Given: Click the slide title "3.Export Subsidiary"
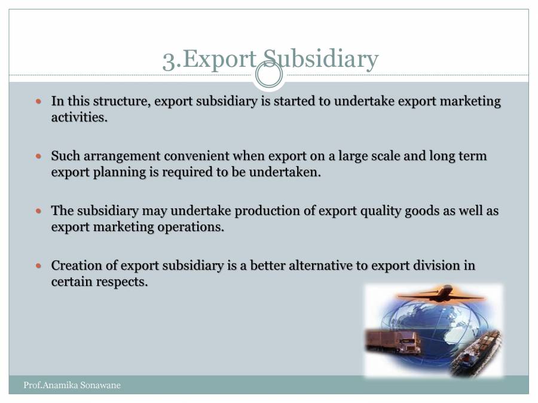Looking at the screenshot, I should coord(270,59).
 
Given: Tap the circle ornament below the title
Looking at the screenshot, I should coord(269,75).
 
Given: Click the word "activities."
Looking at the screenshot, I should coord(80,117).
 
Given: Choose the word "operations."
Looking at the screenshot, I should coord(189,227).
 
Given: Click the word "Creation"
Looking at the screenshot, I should coord(75,266).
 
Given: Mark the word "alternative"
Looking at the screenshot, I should coord(322,266).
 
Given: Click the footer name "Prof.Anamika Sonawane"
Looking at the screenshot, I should coord(72,385).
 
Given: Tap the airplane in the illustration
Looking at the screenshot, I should coord(441,294).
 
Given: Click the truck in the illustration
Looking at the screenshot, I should coord(395,342).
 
